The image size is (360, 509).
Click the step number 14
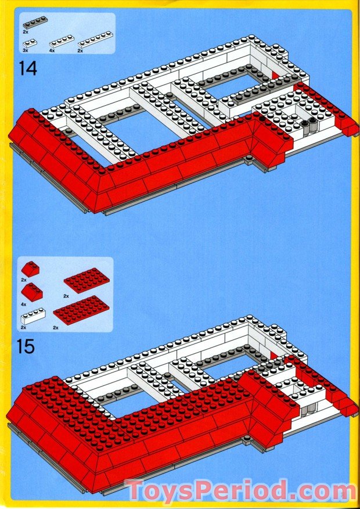27,69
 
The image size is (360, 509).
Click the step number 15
26,346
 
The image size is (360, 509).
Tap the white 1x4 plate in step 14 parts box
62,41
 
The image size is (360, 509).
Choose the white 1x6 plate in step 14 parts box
96,39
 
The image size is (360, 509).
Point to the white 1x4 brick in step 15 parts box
34,317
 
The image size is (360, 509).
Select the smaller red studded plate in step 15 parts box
86,279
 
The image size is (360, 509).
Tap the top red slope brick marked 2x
30,270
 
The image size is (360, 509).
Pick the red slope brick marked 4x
31,292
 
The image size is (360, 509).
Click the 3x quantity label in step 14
26,51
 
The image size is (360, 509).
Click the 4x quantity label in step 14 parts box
52,51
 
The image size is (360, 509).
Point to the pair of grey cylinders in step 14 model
308,124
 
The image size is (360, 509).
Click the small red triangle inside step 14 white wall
275,75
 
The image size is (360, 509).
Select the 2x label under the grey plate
26,33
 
